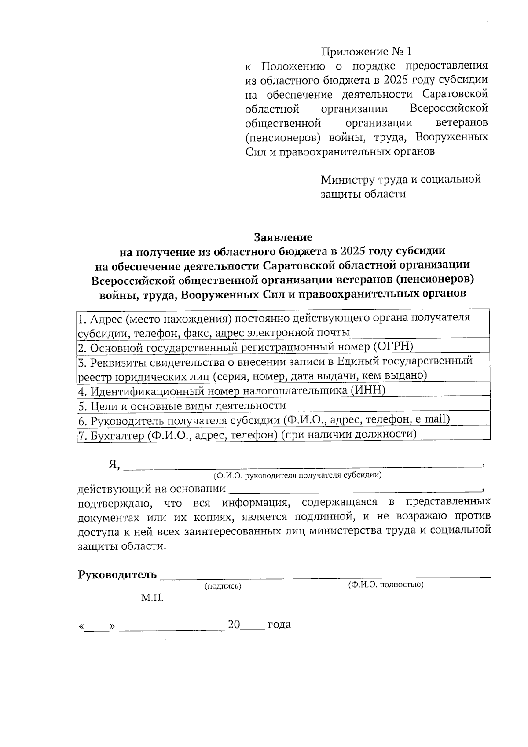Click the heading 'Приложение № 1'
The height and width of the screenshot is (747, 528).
coord(367,52)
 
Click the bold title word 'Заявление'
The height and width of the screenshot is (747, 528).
coord(283,237)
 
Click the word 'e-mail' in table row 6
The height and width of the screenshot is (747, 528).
coord(432,419)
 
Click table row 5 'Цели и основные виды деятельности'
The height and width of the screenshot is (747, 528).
coord(182,405)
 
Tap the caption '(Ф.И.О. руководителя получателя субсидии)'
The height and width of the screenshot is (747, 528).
coord(297,475)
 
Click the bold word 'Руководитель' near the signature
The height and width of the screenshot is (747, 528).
coord(117,575)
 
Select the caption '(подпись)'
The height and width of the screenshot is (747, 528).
coord(223,586)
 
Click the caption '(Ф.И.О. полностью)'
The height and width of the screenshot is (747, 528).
coord(385,585)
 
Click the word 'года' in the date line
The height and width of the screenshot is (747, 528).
coord(279,625)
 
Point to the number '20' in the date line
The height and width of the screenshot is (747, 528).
coord(234,625)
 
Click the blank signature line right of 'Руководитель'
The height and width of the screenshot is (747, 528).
coord(222,577)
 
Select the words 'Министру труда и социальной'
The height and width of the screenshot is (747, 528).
coord(400,180)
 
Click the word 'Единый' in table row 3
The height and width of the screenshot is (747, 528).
coord(354,361)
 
